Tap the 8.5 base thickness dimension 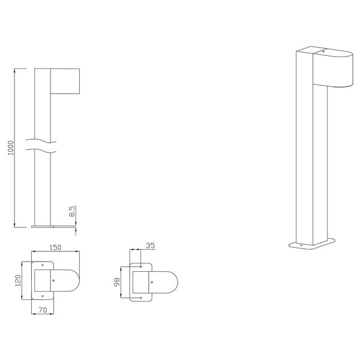[72, 211]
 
